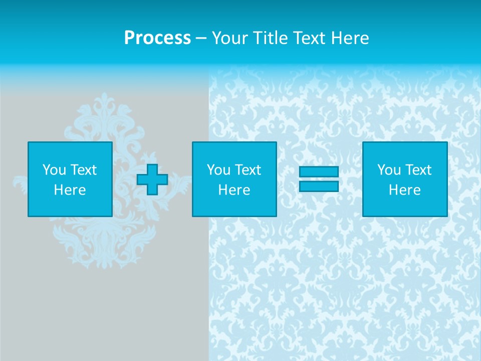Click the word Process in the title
tap(157, 38)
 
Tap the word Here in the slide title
tap(350, 38)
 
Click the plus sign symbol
tap(152, 179)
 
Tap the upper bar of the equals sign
tap(319, 172)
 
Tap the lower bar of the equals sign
tap(319, 186)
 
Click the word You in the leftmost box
tap(54, 170)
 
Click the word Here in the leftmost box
tap(70, 190)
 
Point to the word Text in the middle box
tap(248, 170)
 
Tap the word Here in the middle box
tap(234, 190)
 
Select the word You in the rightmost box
tap(388, 170)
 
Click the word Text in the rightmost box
tap(418, 170)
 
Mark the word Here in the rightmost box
tap(404, 190)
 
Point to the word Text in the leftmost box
tap(84, 170)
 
